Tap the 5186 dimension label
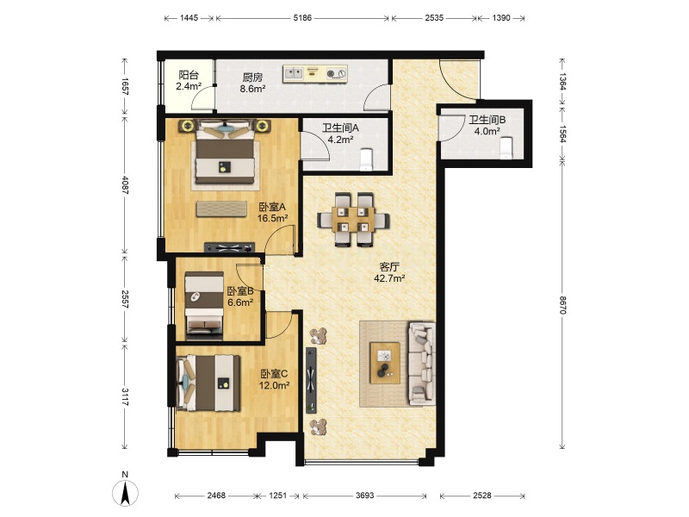[302, 18]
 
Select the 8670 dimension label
[563, 305]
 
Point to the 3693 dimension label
[364, 495]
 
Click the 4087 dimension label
[125, 185]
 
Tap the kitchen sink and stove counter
[315, 74]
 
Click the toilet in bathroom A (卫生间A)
[366, 159]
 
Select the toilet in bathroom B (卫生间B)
[506, 147]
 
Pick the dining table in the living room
[353, 219]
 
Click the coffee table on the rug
[385, 363]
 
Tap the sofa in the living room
[422, 364]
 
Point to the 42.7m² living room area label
[389, 278]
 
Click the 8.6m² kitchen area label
[252, 89]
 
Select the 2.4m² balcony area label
[189, 86]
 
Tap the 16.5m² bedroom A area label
[272, 218]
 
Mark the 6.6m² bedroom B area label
[240, 302]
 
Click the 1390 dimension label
[501, 18]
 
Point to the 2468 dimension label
[216, 495]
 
